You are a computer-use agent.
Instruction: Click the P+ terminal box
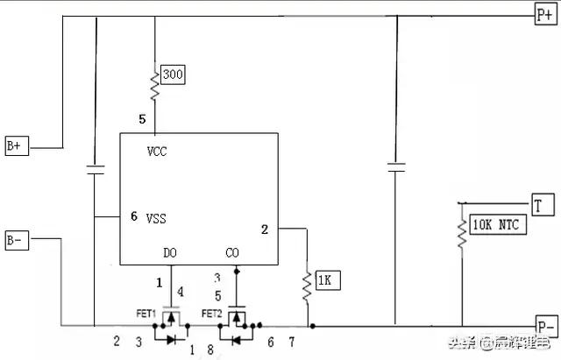544,15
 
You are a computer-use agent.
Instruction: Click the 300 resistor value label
174,75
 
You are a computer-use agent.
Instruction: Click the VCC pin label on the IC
158,151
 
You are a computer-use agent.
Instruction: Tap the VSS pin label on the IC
156,216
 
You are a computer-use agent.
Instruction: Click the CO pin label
233,253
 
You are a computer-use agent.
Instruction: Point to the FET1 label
146,313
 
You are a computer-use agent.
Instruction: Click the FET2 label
211,313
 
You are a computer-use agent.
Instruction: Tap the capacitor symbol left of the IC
94,168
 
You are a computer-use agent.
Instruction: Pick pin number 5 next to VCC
142,118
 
